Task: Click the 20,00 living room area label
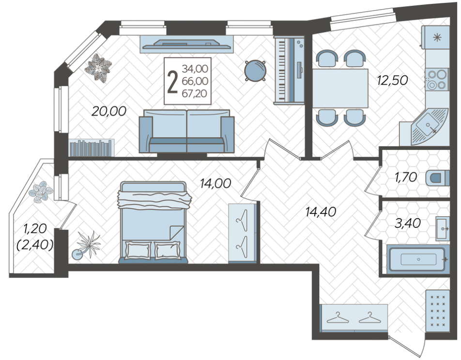pyautogui.click(x=109, y=111)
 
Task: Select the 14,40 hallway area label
pyautogui.click(x=320, y=211)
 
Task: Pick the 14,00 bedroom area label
pyautogui.click(x=215, y=183)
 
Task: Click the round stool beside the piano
pyautogui.click(x=255, y=71)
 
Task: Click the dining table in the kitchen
pyautogui.click(x=340, y=88)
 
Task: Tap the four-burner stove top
pyautogui.click(x=437, y=80)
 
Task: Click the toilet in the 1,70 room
pyautogui.click(x=439, y=178)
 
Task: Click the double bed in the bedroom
pyautogui.click(x=152, y=223)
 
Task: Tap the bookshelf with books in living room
pyautogui.click(x=92, y=148)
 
